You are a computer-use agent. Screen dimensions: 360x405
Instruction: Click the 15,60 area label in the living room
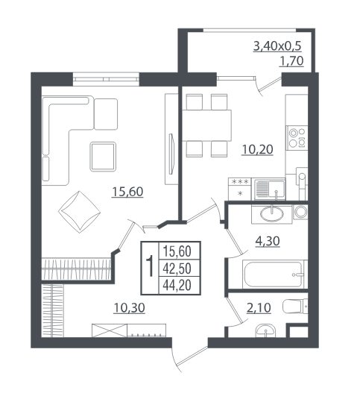[x=127, y=192]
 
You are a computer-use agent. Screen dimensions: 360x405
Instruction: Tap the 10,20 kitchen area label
[x=257, y=149]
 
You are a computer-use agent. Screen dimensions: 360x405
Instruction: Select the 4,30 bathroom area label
[x=268, y=241]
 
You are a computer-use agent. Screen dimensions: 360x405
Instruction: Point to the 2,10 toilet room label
[x=259, y=307]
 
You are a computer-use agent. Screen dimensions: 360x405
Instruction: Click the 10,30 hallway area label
[x=129, y=307]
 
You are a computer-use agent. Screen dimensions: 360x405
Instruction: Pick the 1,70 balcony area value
[x=291, y=61]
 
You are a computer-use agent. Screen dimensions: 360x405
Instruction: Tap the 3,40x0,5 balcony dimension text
[x=277, y=46]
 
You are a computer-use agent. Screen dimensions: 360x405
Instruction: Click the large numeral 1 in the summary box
[x=150, y=266]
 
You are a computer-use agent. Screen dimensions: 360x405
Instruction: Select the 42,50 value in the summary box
[x=177, y=269]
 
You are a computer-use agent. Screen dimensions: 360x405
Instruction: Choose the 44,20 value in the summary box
[x=177, y=286]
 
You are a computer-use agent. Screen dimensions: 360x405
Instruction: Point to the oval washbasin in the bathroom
[x=272, y=214]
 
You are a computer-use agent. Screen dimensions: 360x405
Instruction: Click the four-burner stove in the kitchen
[x=297, y=138]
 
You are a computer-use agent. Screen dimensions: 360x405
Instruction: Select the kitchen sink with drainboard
[x=270, y=189]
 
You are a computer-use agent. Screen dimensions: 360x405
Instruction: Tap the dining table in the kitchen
[x=206, y=125]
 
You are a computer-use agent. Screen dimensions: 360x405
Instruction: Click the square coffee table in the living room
[x=103, y=157]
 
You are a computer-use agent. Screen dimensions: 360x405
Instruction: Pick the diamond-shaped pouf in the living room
[x=80, y=212]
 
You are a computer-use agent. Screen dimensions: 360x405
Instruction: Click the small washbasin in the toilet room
[x=265, y=330]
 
